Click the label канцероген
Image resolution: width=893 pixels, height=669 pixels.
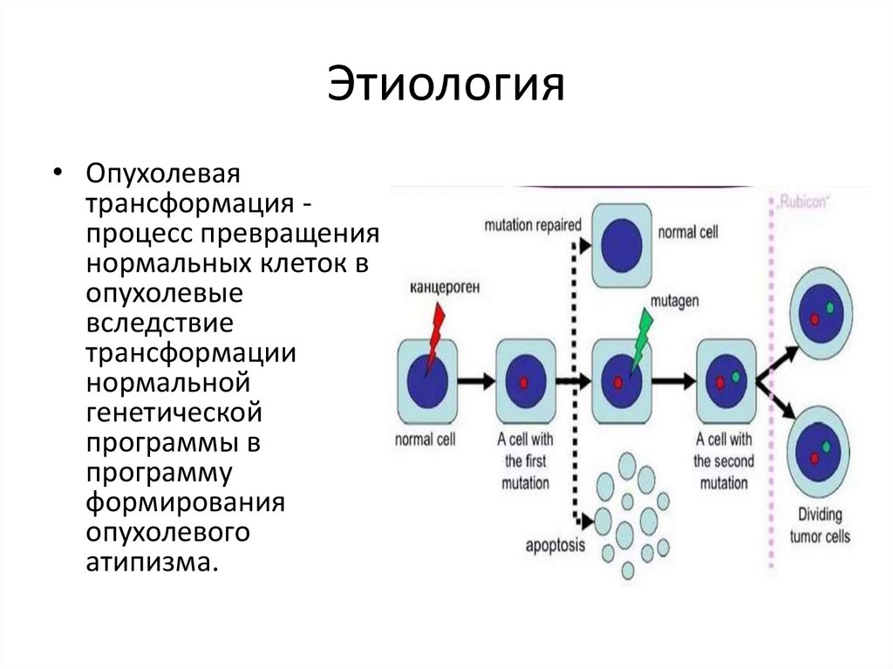pyautogui.click(x=440, y=286)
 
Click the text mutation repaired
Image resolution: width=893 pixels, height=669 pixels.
pyautogui.click(x=532, y=225)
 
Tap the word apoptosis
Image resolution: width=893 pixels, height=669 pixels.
pyautogui.click(x=556, y=548)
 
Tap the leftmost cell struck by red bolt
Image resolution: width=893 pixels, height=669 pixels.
pyautogui.click(x=426, y=381)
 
